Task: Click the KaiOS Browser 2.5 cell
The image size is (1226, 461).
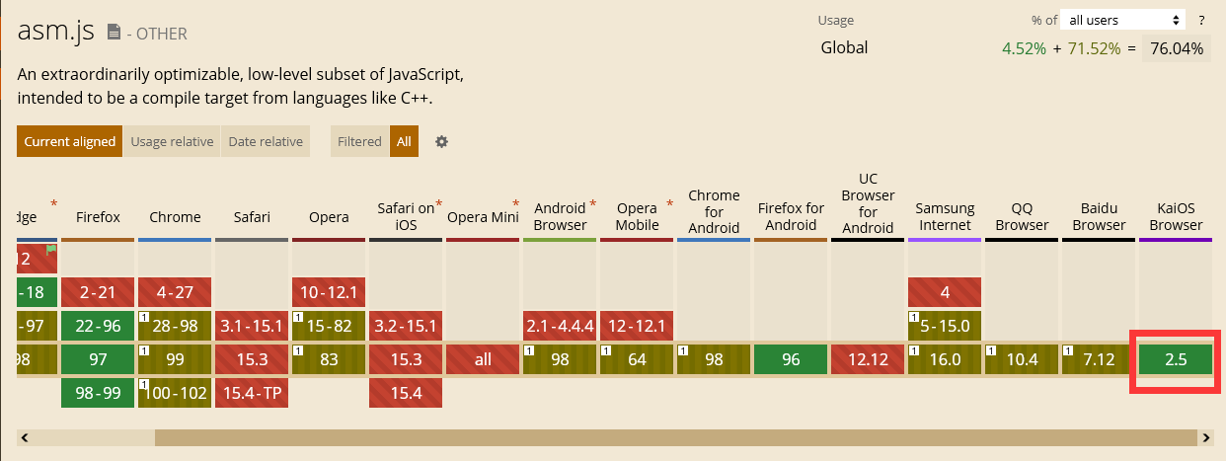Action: point(1175,359)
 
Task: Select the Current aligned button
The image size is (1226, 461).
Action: point(69,141)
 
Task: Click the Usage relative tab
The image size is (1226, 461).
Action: point(172,141)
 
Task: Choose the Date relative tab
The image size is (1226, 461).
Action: point(266,141)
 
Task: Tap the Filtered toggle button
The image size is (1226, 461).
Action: point(359,141)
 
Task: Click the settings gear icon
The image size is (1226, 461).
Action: point(442,141)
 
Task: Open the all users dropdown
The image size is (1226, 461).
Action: point(1123,20)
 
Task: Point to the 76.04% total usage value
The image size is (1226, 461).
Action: point(1176,48)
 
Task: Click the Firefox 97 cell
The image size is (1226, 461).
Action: point(98,359)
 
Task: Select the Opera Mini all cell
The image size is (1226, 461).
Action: point(483,359)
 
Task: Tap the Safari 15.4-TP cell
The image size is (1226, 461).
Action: point(252,393)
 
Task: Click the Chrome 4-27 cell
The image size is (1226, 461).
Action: point(175,292)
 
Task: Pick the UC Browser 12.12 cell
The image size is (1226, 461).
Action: point(868,359)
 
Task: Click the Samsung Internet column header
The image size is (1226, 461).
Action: point(945,216)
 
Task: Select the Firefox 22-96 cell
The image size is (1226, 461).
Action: point(98,326)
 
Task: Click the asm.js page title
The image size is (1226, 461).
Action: point(56,32)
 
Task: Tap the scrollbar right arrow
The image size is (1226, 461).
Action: point(1205,436)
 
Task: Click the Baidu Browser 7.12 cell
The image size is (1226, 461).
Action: point(1099,359)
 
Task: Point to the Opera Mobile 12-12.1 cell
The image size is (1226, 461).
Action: point(637,326)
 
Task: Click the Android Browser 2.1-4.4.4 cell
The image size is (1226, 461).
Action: point(560,326)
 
